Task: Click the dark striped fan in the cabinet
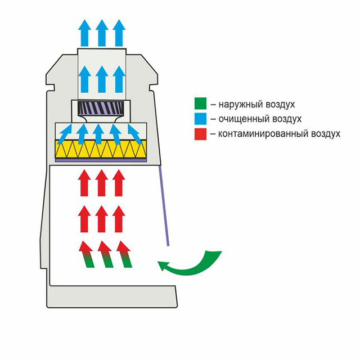[101, 107]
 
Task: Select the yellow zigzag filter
[101, 148]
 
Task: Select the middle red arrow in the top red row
[102, 183]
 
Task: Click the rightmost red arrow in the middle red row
[119, 219]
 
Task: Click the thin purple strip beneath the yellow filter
[101, 160]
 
